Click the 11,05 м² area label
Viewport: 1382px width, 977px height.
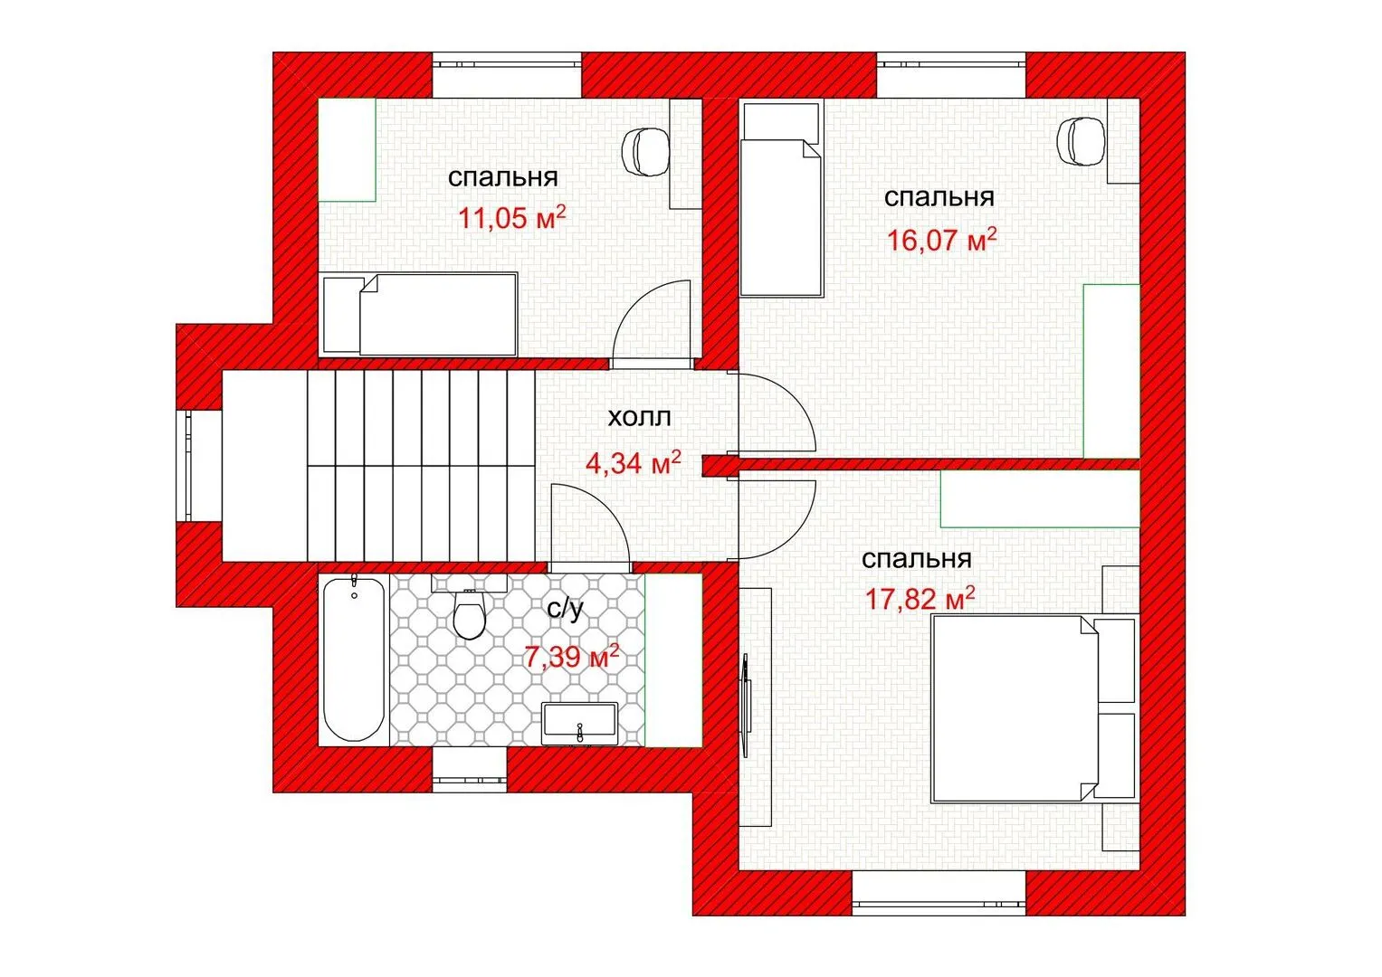pyautogui.click(x=511, y=218)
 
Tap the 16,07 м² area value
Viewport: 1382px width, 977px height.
pyautogui.click(x=941, y=240)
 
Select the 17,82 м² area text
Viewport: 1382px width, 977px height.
pyautogui.click(x=920, y=598)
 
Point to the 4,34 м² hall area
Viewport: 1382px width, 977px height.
pyautogui.click(x=633, y=462)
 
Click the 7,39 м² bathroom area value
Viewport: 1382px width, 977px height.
pyautogui.click(x=571, y=656)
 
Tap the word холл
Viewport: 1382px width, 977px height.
pyautogui.click(x=639, y=418)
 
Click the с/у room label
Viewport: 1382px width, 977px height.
pyautogui.click(x=565, y=610)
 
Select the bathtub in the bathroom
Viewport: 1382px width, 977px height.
pyautogui.click(x=354, y=659)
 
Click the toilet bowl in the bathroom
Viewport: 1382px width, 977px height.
pyautogui.click(x=470, y=613)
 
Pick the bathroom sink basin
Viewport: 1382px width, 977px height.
pyautogui.click(x=579, y=724)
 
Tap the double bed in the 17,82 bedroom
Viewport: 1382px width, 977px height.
pyautogui.click(x=1015, y=708)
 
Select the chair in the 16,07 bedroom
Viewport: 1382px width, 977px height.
pyautogui.click(x=1081, y=141)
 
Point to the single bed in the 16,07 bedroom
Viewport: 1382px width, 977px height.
pyautogui.click(x=782, y=199)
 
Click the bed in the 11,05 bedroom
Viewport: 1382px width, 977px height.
pyautogui.click(x=420, y=315)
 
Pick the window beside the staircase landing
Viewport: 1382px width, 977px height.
pyautogui.click(x=199, y=466)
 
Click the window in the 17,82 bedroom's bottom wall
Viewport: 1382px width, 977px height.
pyautogui.click(x=939, y=893)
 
